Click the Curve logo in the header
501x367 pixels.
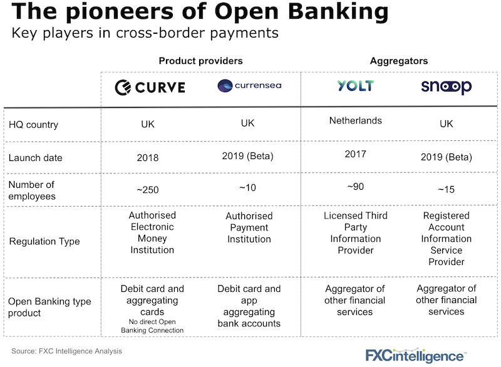(150, 87)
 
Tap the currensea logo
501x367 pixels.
(249, 86)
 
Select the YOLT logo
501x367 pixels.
(355, 86)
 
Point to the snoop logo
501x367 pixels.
(446, 86)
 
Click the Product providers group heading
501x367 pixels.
(200, 61)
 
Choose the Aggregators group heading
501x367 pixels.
(399, 61)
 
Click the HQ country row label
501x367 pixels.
(33, 125)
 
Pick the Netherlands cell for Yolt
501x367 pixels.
(355, 120)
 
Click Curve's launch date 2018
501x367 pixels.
(148, 158)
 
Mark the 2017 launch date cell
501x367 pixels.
(355, 154)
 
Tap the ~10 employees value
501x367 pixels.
(249, 187)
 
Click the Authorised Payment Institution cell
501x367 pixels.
(249, 228)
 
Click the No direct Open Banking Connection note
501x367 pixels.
(152, 326)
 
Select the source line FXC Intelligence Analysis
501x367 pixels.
(67, 351)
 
